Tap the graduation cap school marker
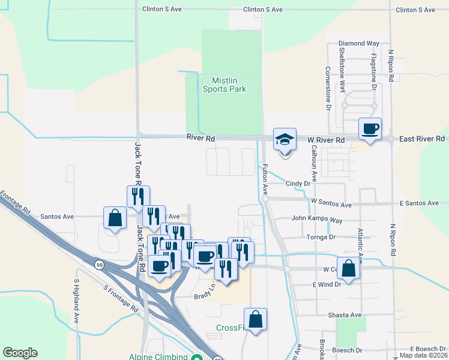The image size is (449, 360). coord(285,140)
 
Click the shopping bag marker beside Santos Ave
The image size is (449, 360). coord(115,218)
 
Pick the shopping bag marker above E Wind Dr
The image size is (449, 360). coord(348,269)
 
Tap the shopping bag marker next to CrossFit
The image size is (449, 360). coord(256,320)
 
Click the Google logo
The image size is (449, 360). coord(20,353)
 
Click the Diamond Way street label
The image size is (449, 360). coord(359,44)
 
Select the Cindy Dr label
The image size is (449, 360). coord(301,184)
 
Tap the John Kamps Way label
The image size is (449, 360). coord(317,220)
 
